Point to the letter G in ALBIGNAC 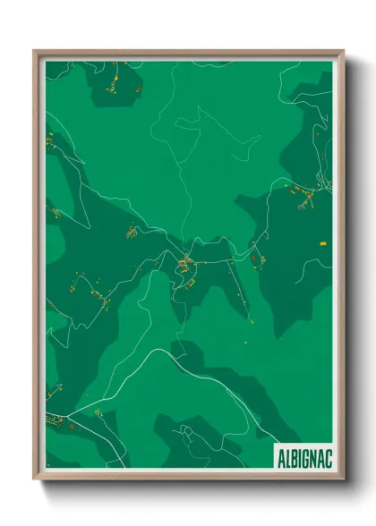click(301, 454)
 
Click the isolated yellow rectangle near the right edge click(322, 242)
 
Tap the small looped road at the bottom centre click(187, 432)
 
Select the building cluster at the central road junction click(185, 263)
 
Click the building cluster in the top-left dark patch click(115, 85)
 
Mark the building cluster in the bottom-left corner click(56, 420)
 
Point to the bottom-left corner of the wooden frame click(36, 478)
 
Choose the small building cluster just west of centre click(132, 233)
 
